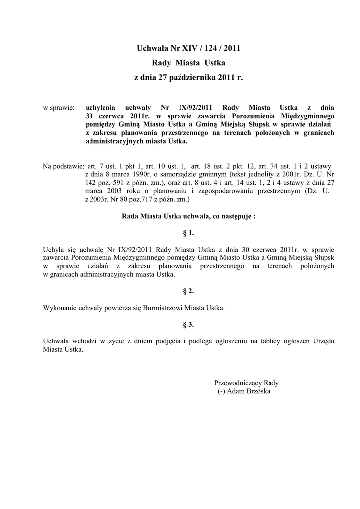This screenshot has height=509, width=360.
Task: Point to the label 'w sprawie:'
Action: pyautogui.click(x=59, y=107)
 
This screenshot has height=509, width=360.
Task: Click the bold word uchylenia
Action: pyautogui.click(x=100, y=107)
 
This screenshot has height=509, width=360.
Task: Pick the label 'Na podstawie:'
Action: pyautogui.click(x=63, y=165)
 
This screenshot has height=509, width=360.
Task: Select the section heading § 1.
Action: pyautogui.click(x=188, y=233)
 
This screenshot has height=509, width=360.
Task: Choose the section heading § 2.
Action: pyautogui.click(x=188, y=291)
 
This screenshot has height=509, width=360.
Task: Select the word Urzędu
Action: pyautogui.click(x=322, y=341)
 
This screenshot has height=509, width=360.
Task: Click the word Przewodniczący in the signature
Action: pyautogui.click(x=238, y=383)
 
